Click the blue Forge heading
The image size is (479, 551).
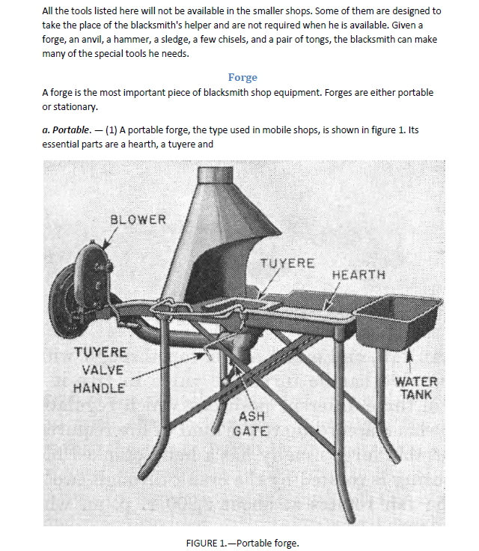tap(242, 77)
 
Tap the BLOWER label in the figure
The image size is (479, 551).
tap(138, 219)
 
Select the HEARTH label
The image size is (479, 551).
tap(359, 275)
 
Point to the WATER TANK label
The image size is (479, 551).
tap(416, 388)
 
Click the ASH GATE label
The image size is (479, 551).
tap(251, 424)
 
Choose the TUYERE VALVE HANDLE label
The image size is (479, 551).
tap(100, 370)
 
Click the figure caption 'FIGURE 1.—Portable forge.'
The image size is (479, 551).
tap(242, 543)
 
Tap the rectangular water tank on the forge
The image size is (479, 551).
tap(398, 321)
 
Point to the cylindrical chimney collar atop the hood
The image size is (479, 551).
tap(215, 174)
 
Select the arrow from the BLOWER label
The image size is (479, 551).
tap(110, 237)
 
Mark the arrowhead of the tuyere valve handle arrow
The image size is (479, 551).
tap(201, 356)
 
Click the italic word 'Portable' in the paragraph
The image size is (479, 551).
tap(70, 130)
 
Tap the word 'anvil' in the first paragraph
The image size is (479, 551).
tap(92, 40)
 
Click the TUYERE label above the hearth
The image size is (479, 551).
tap(287, 264)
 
